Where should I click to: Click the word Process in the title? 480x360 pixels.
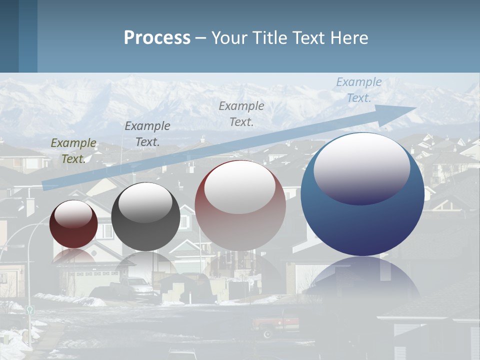tap(157, 38)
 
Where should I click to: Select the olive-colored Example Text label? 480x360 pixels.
tap(73, 151)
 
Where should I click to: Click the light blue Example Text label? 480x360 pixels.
tap(359, 90)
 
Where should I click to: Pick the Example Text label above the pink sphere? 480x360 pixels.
tap(241, 113)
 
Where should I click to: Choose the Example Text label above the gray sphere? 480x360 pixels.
tap(147, 133)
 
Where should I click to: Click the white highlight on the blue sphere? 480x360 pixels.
tap(362, 167)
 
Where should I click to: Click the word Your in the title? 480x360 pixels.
tap(229, 38)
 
